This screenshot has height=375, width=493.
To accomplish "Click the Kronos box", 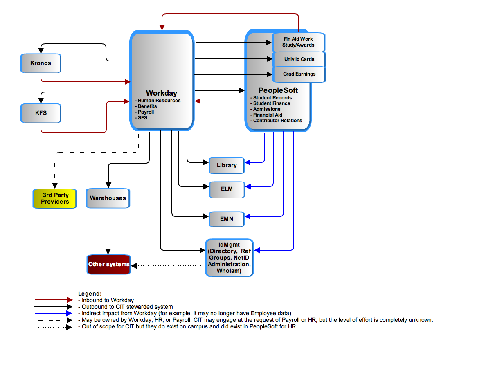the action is point(41,63).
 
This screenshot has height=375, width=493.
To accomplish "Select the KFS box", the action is point(41,113).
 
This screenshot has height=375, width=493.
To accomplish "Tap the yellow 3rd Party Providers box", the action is point(54,198).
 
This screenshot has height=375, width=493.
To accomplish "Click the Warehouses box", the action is point(108,198).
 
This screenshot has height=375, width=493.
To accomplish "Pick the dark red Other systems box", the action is point(109,264).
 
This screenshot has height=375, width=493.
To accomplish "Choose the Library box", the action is point(226,165).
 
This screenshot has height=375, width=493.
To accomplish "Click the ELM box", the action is point(227,189).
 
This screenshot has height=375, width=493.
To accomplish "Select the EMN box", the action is point(226,219).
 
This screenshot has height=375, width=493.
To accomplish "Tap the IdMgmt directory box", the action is point(229,258).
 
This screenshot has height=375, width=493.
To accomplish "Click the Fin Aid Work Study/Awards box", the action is point(298,42).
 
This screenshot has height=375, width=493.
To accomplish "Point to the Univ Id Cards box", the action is point(299,59).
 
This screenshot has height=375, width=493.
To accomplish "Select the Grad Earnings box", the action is point(299,74).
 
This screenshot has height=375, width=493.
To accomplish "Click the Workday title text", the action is point(161,93).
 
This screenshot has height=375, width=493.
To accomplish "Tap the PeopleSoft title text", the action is point(278,90).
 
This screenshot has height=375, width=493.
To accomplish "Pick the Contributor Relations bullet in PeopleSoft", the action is point(276,121).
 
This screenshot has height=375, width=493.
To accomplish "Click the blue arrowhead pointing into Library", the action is point(247,162).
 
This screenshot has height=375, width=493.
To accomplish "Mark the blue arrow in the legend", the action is point(54,313).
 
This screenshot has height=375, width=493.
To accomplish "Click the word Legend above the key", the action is point(90,294).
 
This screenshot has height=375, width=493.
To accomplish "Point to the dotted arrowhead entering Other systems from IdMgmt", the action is point(134,266).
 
